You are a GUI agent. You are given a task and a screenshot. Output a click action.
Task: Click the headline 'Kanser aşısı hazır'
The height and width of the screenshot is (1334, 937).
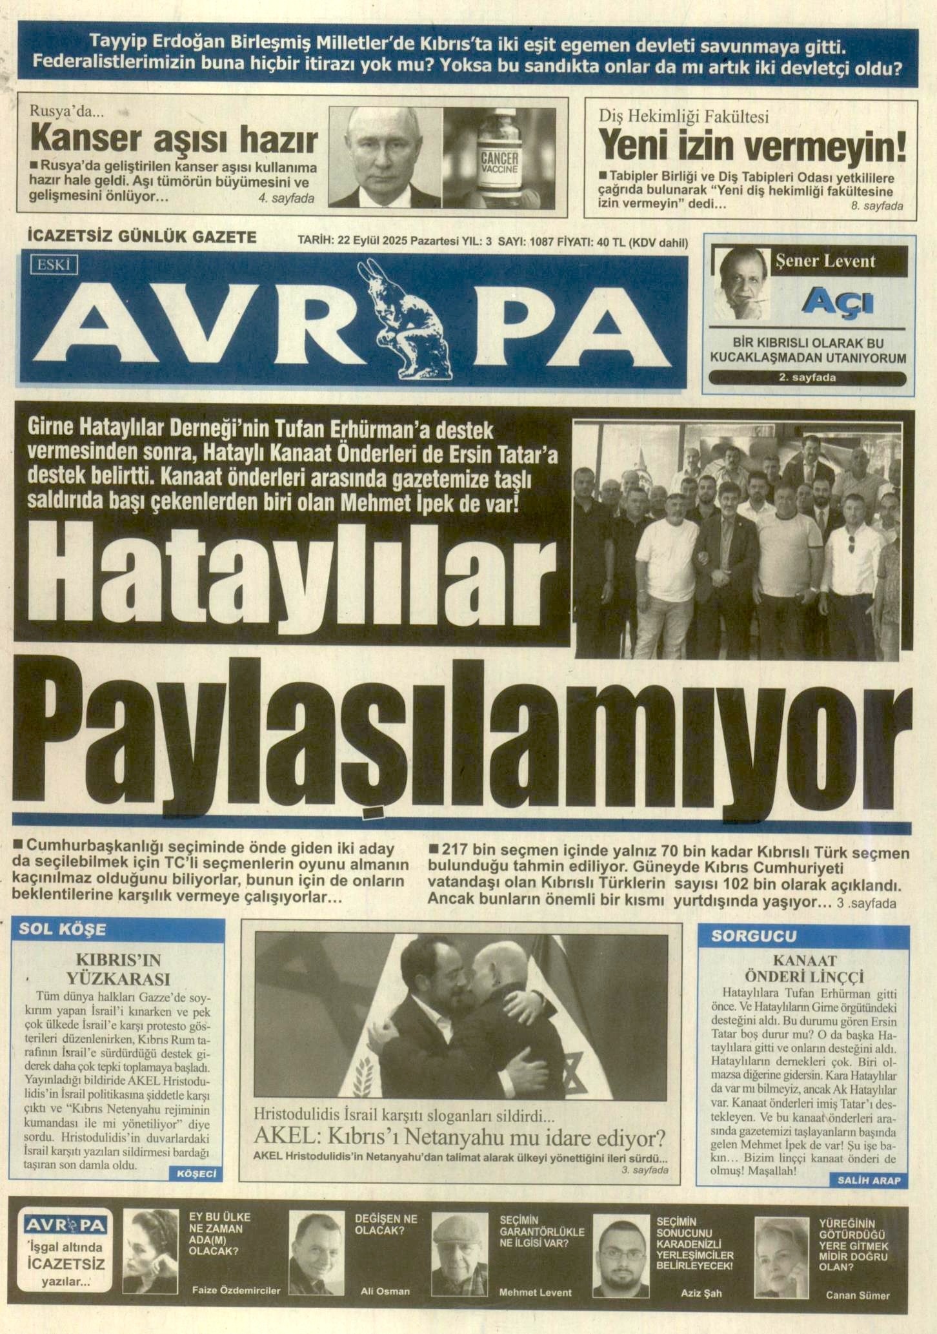[174, 139]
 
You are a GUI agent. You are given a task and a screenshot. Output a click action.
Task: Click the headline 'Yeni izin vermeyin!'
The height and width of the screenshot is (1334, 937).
[752, 147]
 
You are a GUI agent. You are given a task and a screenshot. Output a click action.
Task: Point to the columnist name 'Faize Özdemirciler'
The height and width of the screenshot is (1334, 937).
[236, 1290]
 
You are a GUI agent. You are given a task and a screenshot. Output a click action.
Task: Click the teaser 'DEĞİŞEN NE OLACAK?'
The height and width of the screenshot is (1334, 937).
[386, 1224]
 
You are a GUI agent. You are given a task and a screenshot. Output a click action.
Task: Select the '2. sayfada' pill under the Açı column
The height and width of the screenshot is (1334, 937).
[807, 378]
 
